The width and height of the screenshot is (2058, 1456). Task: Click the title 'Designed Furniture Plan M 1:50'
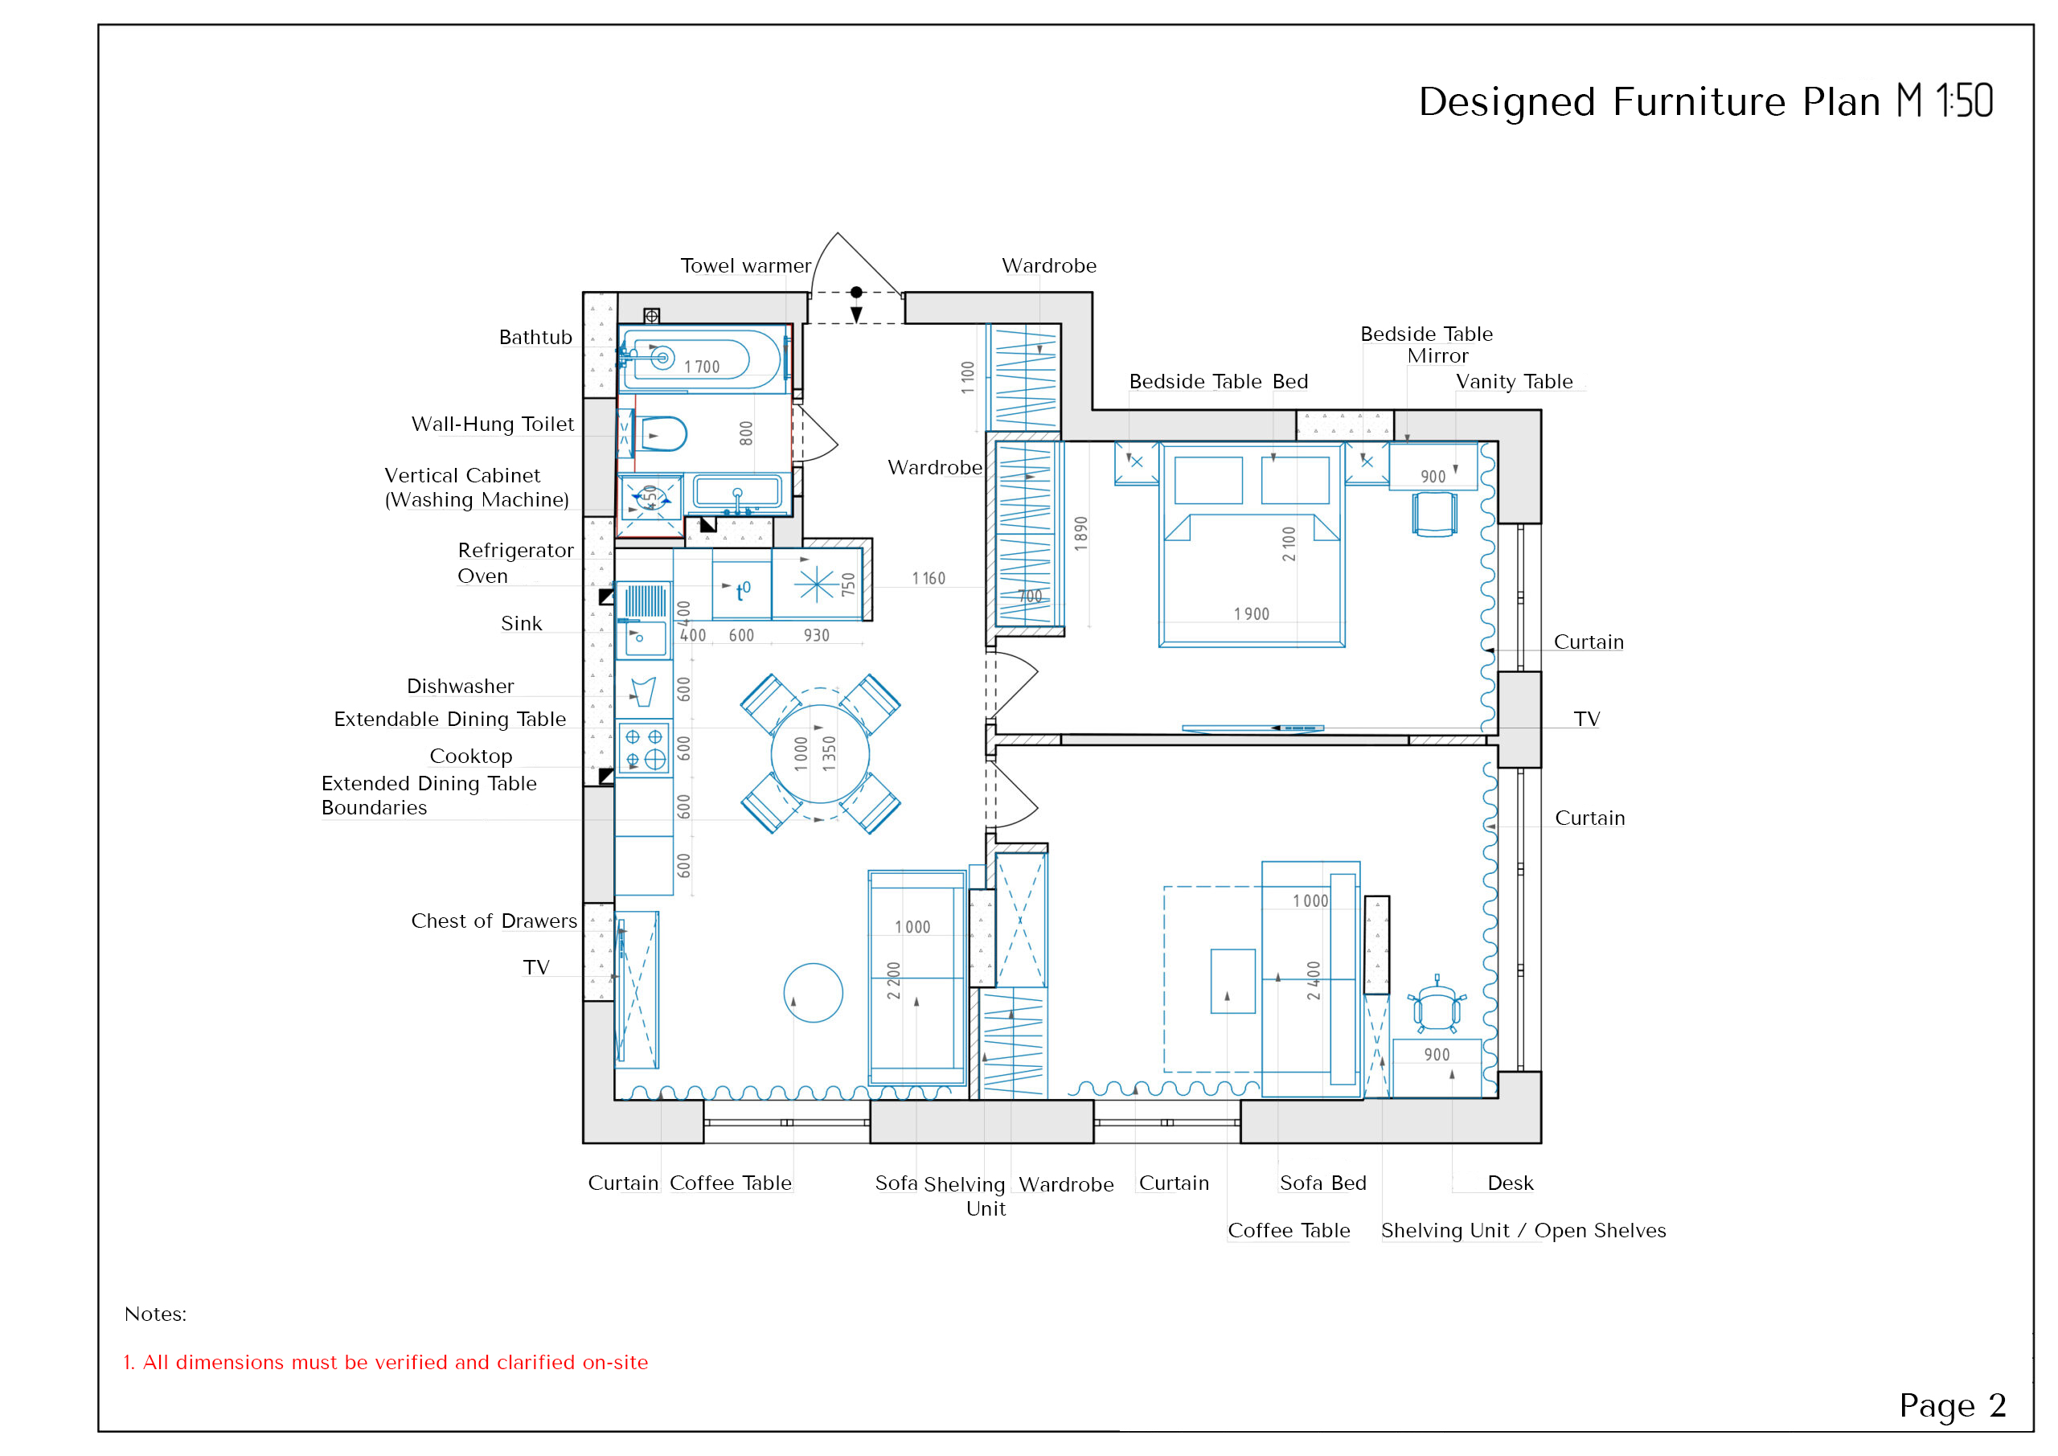pyautogui.click(x=1705, y=101)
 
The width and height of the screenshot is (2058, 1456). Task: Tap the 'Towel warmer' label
pyautogui.click(x=745, y=265)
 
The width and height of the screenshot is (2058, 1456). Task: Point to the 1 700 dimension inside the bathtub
pyautogui.click(x=702, y=367)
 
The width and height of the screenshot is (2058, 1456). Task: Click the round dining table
pyautogui.click(x=819, y=754)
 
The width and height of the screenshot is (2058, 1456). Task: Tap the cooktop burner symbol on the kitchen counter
pyautogui.click(x=645, y=749)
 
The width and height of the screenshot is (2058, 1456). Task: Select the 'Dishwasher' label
pyautogui.click(x=460, y=686)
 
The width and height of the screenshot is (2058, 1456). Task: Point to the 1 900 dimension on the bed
pyautogui.click(x=1252, y=614)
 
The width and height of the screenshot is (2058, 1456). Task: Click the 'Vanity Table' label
pyautogui.click(x=1514, y=381)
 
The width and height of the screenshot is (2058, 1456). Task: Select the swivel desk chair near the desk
pyautogui.click(x=1437, y=1006)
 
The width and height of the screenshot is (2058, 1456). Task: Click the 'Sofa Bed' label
pyautogui.click(x=1323, y=1183)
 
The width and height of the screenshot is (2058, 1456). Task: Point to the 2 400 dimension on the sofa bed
pyautogui.click(x=1313, y=981)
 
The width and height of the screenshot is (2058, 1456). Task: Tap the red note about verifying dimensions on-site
pyautogui.click(x=385, y=1362)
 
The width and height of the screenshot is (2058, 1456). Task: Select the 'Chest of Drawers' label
pyautogui.click(x=494, y=921)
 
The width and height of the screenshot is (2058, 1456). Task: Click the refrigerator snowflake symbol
pyautogui.click(x=817, y=584)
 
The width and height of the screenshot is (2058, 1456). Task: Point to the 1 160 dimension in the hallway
pyautogui.click(x=929, y=578)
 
